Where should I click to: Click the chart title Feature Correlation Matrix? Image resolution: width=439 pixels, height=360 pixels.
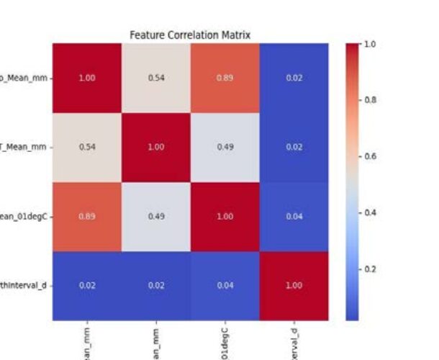(x=189, y=35)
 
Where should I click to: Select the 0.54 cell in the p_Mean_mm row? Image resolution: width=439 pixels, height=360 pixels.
(x=156, y=78)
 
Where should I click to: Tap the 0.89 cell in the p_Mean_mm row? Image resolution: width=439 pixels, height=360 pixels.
(x=225, y=78)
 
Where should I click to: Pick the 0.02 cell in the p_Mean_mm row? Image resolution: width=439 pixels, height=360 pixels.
(x=294, y=78)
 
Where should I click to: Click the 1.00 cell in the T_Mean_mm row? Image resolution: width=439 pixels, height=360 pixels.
(x=156, y=147)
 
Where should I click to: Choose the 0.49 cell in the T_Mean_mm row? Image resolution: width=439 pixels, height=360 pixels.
(x=225, y=147)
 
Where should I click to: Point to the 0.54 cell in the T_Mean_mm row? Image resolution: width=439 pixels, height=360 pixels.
(x=87, y=147)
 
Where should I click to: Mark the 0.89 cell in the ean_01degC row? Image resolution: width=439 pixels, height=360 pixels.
(x=87, y=216)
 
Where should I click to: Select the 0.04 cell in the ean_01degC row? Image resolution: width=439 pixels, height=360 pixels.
(x=294, y=216)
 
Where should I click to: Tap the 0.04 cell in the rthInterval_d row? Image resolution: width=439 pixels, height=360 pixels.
(x=225, y=285)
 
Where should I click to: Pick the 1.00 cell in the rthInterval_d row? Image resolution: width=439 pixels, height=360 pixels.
(x=294, y=285)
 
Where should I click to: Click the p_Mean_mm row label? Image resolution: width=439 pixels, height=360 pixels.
(x=23, y=78)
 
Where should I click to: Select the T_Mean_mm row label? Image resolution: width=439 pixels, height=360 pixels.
(x=23, y=147)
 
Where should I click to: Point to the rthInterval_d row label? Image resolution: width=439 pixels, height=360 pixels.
(x=23, y=285)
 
